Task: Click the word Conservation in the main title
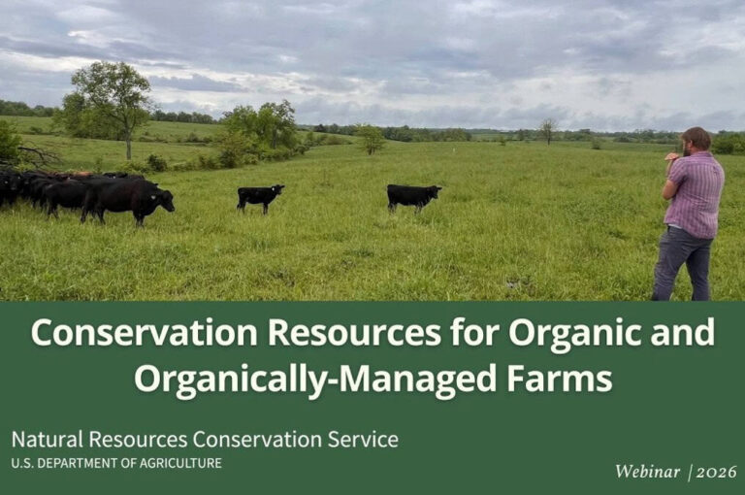click(x=144, y=332)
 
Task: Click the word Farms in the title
click(x=555, y=378)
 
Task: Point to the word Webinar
click(x=647, y=472)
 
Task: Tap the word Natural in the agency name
click(x=47, y=440)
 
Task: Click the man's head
click(x=696, y=141)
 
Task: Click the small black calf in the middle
click(x=260, y=197)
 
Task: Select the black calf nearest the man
click(x=413, y=197)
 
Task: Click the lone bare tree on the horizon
click(x=548, y=131)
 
